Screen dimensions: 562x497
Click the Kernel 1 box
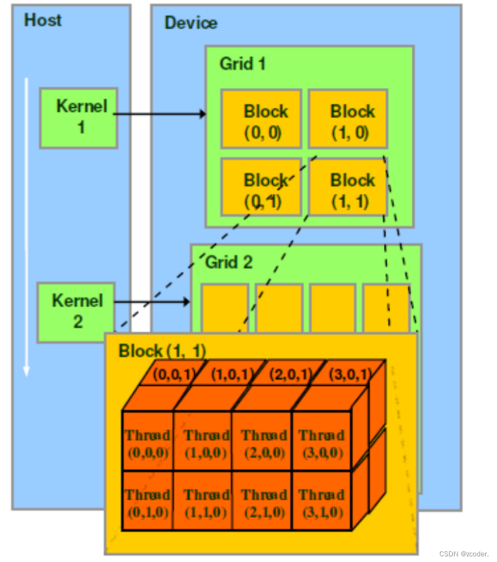(x=79, y=117)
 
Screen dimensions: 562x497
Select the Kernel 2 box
(x=76, y=311)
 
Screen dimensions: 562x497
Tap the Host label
(x=42, y=21)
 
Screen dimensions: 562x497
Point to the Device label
(x=191, y=23)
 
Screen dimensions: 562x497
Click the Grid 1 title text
(x=242, y=64)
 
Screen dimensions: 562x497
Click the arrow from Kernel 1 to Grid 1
(x=160, y=114)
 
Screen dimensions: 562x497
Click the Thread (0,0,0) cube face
(x=148, y=443)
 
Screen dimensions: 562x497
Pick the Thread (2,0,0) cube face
(x=262, y=443)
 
